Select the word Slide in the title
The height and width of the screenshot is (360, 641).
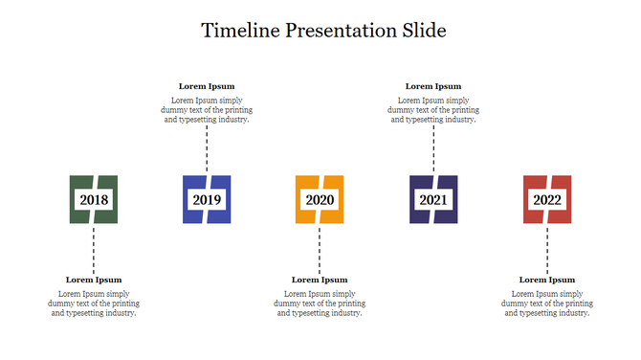[x=422, y=30]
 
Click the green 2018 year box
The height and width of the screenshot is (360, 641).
[x=94, y=200]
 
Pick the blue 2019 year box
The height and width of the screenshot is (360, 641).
[x=207, y=200]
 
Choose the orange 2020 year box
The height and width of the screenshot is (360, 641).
[x=320, y=200]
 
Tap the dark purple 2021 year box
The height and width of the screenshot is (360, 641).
[x=433, y=200]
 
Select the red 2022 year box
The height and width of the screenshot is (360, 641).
[x=547, y=200]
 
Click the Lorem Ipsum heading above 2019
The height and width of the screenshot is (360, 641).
[x=207, y=86]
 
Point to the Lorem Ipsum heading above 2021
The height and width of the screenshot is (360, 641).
[x=433, y=86]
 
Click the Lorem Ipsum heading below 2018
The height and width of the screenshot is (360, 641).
[x=94, y=280]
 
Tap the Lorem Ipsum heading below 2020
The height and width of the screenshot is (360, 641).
[x=320, y=280]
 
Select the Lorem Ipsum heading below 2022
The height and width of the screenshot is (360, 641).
[x=547, y=280]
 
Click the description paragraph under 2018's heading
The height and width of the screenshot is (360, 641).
[x=94, y=304]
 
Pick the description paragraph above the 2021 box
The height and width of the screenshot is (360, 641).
[x=433, y=110]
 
